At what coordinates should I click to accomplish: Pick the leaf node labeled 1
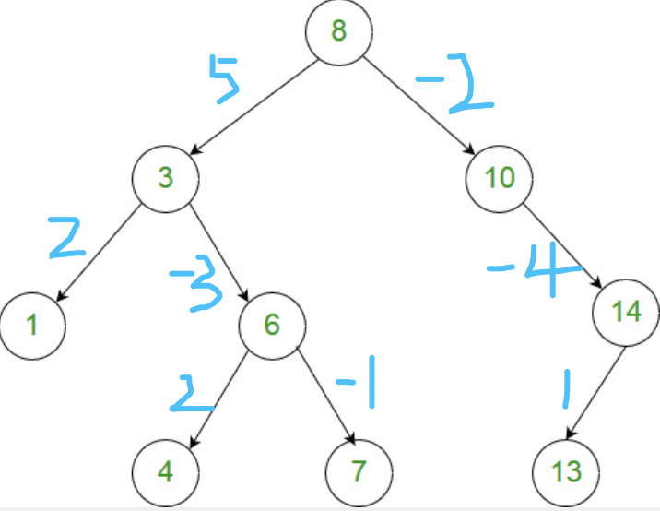[x=32, y=325]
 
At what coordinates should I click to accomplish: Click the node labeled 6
[x=272, y=325]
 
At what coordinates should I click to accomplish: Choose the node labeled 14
[x=627, y=312]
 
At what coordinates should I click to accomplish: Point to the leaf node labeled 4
[x=164, y=470]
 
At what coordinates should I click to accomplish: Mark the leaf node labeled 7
[x=359, y=470]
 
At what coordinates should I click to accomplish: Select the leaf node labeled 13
[x=566, y=470]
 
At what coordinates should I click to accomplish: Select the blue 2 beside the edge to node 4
[x=193, y=394]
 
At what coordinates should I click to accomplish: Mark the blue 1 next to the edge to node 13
[x=567, y=390]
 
